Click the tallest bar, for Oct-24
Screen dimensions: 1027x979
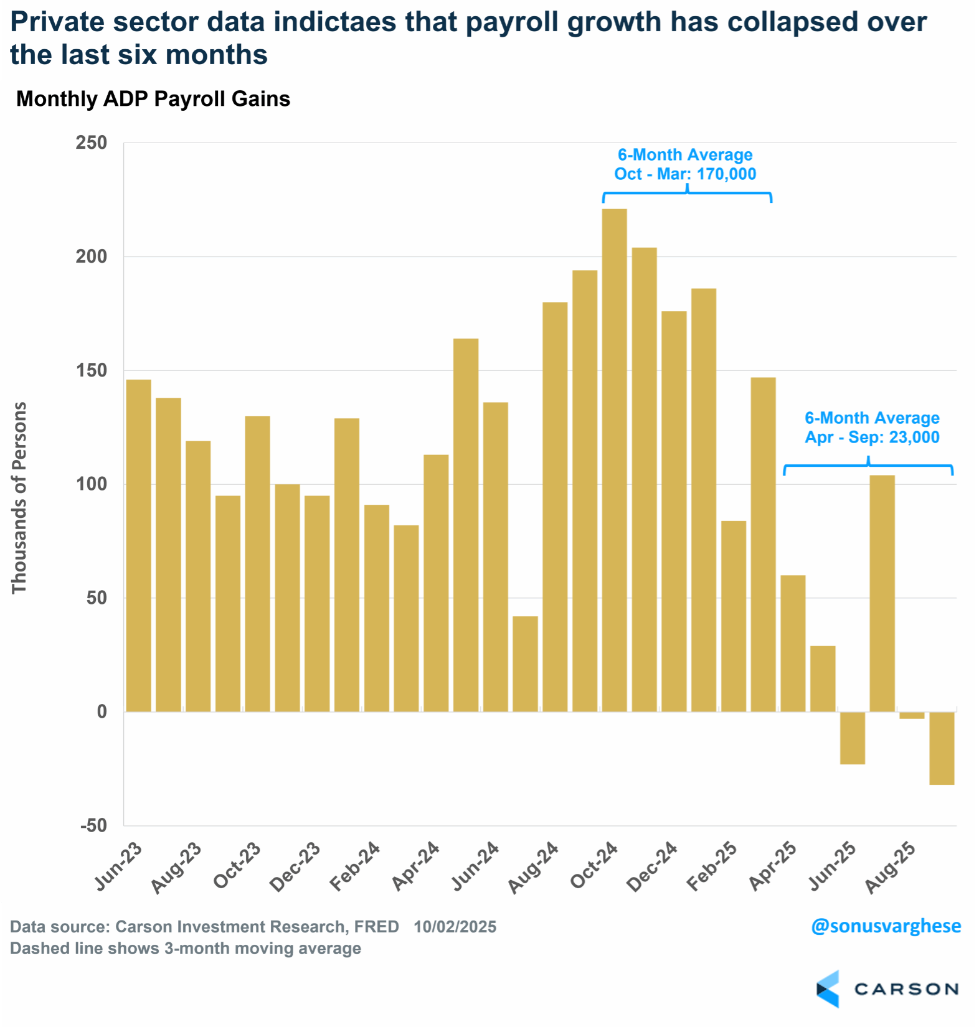614,461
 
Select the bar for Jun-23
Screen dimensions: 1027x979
138,545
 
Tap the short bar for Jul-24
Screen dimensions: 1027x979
525,664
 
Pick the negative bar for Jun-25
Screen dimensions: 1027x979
852,738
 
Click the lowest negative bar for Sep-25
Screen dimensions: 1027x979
942,748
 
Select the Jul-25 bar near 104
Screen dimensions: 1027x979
882,593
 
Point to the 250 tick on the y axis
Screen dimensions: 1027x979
92,143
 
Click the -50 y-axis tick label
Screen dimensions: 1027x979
94,825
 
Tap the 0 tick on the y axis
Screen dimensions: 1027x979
102,711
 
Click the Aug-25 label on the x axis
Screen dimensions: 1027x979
891,867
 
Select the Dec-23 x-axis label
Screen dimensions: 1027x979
295,866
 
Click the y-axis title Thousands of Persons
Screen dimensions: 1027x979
19,497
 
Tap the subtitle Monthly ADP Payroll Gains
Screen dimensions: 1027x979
153,99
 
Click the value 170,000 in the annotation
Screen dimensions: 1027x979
726,174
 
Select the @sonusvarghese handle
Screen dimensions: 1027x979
886,926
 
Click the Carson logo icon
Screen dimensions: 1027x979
828,988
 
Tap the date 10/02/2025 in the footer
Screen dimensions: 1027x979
455,927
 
